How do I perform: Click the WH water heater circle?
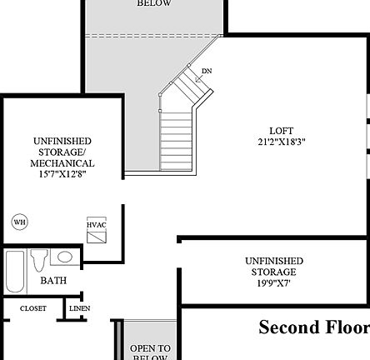coord(19,222)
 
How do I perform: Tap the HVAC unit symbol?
coord(97,229)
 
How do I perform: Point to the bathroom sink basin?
coord(63,257)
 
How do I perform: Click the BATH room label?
coord(53,282)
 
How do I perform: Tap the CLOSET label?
coord(33,309)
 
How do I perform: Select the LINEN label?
coord(80,309)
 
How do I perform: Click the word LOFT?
coord(282,131)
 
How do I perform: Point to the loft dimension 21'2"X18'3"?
coord(282,142)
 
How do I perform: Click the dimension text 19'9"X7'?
coord(274,283)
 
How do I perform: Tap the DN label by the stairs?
coord(207,72)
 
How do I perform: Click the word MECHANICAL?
coord(63,163)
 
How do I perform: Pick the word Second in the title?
coord(289,327)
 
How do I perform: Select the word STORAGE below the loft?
coord(274,272)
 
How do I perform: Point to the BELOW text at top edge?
coord(154,3)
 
